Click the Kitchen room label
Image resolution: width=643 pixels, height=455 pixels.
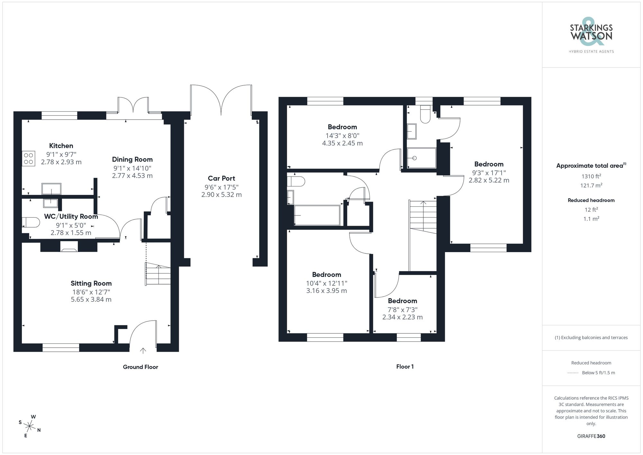pos(61,146)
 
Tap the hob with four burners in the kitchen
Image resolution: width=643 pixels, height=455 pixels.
pos(28,159)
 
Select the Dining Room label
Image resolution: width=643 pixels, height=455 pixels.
pos(132,159)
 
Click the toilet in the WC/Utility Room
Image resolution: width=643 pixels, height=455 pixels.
pos(30,222)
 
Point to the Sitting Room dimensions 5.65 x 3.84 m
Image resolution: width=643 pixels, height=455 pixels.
pos(91,300)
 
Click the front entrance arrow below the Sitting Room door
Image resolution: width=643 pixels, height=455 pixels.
pos(143,350)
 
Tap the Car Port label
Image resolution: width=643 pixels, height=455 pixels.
pos(221,178)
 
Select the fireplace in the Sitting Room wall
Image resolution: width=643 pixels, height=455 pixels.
pos(69,249)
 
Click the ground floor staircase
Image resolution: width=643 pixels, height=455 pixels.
pos(158,274)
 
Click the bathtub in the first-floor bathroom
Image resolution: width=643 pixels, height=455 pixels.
pos(317,215)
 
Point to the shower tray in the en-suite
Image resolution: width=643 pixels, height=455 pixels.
pos(421,158)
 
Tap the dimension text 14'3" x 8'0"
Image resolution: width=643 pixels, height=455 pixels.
pos(342,136)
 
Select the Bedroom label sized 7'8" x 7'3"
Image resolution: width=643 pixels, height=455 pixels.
pos(402,301)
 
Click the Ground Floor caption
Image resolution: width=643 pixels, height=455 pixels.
pos(140,367)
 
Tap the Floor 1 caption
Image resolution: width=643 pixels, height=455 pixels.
pos(405,367)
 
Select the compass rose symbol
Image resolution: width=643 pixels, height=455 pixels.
pos(30,427)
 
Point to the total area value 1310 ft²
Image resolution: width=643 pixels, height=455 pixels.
pos(591,176)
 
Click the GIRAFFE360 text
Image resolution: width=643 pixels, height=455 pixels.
pos(591,436)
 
